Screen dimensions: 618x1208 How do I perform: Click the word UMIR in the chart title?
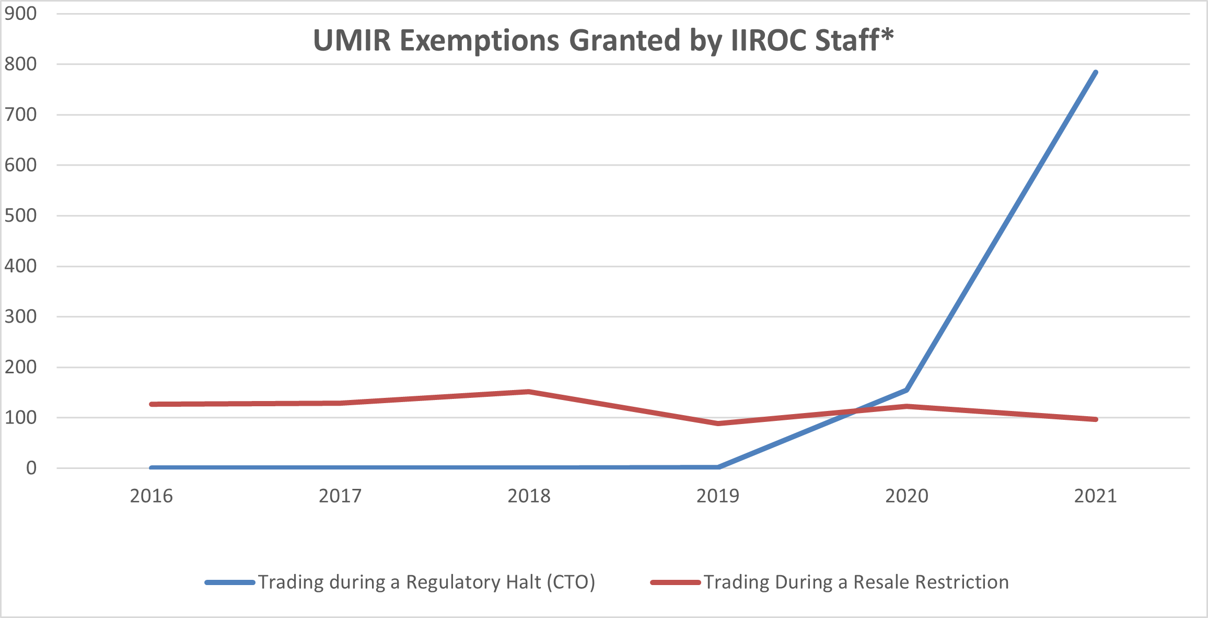click(x=352, y=41)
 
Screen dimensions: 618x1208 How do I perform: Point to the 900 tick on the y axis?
click(x=21, y=14)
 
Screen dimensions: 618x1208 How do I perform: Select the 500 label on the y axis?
click(x=21, y=215)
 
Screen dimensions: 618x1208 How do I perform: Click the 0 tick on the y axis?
click(x=31, y=468)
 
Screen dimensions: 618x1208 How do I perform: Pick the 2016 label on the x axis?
click(x=151, y=496)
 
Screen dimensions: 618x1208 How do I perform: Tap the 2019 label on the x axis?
click(x=717, y=496)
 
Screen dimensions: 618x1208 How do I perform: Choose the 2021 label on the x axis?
click(x=1095, y=496)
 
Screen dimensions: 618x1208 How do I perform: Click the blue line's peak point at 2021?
click(x=1095, y=73)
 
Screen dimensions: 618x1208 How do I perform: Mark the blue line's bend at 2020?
click(x=907, y=390)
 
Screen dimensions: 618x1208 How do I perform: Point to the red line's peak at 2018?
click(x=529, y=392)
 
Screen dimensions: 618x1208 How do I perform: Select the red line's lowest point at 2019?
click(x=718, y=424)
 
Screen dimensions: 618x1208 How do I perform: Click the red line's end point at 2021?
click(x=1095, y=419)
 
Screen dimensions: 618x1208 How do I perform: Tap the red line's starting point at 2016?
click(x=152, y=404)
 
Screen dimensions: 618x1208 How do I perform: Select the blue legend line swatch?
click(x=230, y=582)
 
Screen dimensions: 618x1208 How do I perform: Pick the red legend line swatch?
click(x=675, y=582)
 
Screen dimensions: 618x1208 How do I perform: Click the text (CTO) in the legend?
click(x=571, y=582)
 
